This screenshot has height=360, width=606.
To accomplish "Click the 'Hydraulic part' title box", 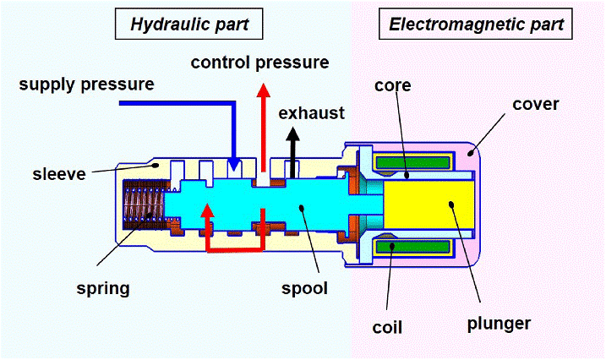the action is tap(189, 24).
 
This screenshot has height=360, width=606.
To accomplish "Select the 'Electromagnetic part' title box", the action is tap(475, 24).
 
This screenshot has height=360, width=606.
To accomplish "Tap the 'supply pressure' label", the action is tap(86, 85).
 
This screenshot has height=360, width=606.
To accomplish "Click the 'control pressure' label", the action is tap(259, 63).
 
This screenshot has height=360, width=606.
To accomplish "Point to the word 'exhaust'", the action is tap(312, 113).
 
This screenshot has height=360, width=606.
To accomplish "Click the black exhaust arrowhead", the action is tap(293, 134).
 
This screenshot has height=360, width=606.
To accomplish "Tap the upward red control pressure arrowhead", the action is tap(264, 90).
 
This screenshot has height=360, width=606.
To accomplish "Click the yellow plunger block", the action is tap(429, 205).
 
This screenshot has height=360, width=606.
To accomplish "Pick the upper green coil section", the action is tap(413, 162).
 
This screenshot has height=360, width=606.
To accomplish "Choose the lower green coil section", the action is tap(413, 247).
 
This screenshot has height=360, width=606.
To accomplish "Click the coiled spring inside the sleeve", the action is tap(144, 205).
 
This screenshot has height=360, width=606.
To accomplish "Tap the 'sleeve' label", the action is tap(59, 174).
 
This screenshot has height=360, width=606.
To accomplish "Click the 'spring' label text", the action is tap(103, 289).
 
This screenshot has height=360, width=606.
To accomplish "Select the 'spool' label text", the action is tap(304, 288).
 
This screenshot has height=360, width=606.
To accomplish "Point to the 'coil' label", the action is tap(387, 328).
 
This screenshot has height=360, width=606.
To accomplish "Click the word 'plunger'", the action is tap(499, 325).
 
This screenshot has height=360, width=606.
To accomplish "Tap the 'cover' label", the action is tap(536, 104).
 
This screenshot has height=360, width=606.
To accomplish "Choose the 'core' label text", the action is tap(393, 85).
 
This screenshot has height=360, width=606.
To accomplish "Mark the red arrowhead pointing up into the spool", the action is tap(208, 210).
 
